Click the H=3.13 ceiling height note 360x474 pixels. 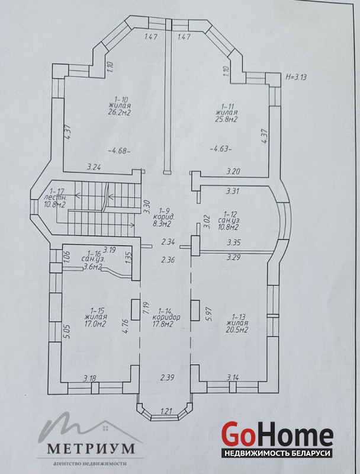pos(296,77)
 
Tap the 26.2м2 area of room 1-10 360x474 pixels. pos(119,113)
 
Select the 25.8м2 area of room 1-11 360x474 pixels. pos(226,120)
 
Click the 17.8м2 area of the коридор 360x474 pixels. pos(162,324)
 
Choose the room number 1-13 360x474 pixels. pos(237,317)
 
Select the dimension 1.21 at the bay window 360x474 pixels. pos(166,411)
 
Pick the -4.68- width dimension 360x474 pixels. pos(119,150)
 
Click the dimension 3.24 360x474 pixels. pos(94,167)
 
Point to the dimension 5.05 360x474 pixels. pos(67,332)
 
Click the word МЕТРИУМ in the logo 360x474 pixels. pos(91,449)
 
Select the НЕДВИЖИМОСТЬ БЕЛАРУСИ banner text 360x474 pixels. pos(277,453)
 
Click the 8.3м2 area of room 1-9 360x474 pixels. pos(162,224)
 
